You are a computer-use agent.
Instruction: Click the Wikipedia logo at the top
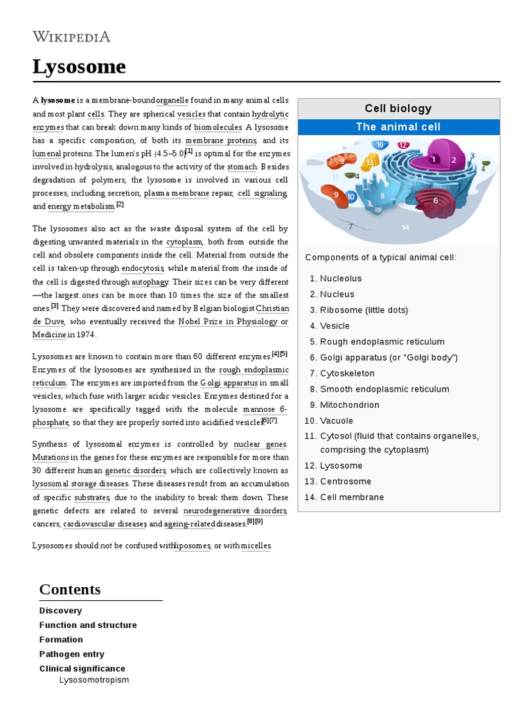tap(71, 37)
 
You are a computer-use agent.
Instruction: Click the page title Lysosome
tap(79, 67)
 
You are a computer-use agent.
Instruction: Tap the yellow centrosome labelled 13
tap(370, 163)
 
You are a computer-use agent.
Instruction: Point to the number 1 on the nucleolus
tap(434, 159)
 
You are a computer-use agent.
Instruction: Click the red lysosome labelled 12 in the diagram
tap(403, 145)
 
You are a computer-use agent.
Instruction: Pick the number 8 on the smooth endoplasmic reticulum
tap(382, 196)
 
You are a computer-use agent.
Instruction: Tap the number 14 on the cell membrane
tap(405, 227)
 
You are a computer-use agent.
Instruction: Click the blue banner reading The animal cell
tap(398, 127)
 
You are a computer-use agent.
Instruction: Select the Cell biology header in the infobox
tap(398, 109)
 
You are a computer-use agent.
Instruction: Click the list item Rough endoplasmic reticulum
tap(382, 341)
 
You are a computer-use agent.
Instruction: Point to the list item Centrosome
tap(346, 481)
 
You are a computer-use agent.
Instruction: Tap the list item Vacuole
tap(337, 421)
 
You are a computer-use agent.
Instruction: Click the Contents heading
tap(70, 589)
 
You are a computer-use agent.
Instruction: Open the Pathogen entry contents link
tap(72, 654)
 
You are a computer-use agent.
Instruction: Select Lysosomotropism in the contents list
tap(94, 680)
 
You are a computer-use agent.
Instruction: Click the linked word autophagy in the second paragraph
tap(150, 282)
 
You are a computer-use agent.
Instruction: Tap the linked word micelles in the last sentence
tap(256, 546)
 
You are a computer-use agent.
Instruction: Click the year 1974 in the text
tap(85, 335)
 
